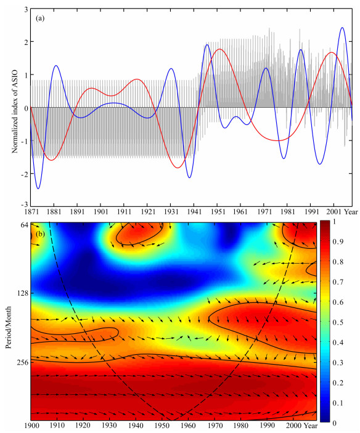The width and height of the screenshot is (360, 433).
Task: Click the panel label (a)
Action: (40, 18)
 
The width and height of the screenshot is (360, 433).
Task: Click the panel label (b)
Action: (40, 234)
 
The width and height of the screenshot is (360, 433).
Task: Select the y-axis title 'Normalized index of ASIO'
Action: (15, 111)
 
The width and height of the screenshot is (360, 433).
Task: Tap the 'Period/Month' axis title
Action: (9, 327)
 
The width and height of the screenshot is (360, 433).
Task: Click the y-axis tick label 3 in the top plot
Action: (26, 9)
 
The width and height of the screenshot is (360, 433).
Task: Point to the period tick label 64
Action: (25, 225)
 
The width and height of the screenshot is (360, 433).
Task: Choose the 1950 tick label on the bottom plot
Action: (162, 426)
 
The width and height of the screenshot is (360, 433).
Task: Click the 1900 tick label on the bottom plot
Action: (31, 426)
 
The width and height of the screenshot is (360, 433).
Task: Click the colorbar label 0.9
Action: (338, 241)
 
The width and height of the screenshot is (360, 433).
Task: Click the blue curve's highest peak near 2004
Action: (342, 28)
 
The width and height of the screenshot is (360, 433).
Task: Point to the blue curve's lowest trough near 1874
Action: (38, 188)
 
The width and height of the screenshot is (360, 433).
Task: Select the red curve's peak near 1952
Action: (219, 49)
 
